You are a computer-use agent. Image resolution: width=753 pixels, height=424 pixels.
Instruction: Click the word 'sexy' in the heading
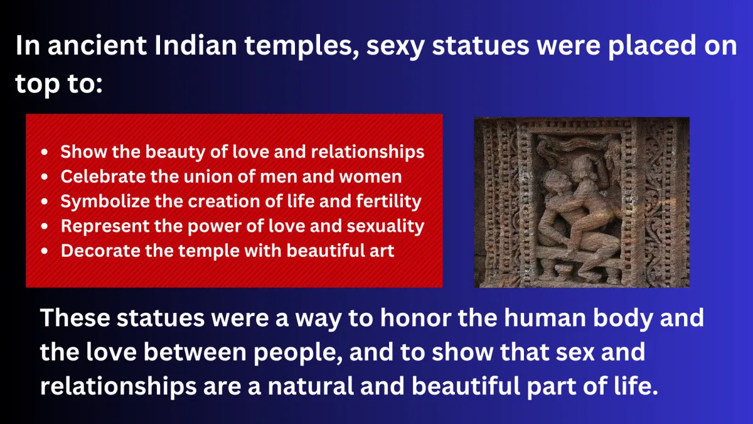[395, 46]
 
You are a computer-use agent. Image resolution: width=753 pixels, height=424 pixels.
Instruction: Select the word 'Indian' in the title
[195, 45]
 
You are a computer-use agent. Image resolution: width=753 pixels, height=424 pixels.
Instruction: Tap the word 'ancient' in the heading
[97, 45]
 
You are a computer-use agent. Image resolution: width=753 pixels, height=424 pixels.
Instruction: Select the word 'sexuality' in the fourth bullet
[385, 226]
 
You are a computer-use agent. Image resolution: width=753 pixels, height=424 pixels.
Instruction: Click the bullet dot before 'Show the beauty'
[45, 152]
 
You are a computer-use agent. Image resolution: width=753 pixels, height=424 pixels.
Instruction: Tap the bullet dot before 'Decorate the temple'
[45, 251]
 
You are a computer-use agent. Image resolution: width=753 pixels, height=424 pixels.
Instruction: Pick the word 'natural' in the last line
[310, 386]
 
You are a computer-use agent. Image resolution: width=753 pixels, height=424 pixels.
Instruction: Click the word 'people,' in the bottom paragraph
[298, 353]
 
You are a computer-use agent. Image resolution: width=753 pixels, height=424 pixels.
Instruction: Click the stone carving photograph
[582, 202]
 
